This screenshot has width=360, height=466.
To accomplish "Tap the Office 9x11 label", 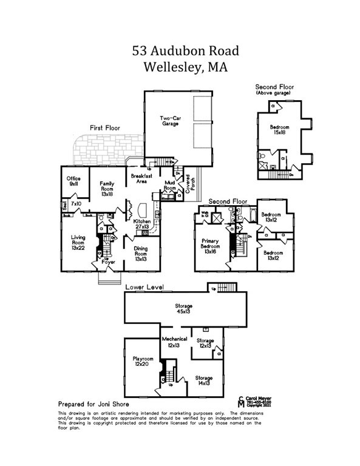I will pos(73,180).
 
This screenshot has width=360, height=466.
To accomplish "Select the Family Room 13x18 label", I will pos(107,188).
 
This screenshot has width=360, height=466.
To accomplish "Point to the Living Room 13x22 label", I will pos(78,241).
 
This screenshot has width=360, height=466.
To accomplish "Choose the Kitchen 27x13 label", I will pos(142,225).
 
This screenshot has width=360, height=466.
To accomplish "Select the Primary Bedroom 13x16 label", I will pos(210,245).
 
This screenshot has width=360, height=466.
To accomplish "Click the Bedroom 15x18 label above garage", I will pos(280,130).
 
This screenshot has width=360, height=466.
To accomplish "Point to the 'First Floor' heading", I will pos(105,128).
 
